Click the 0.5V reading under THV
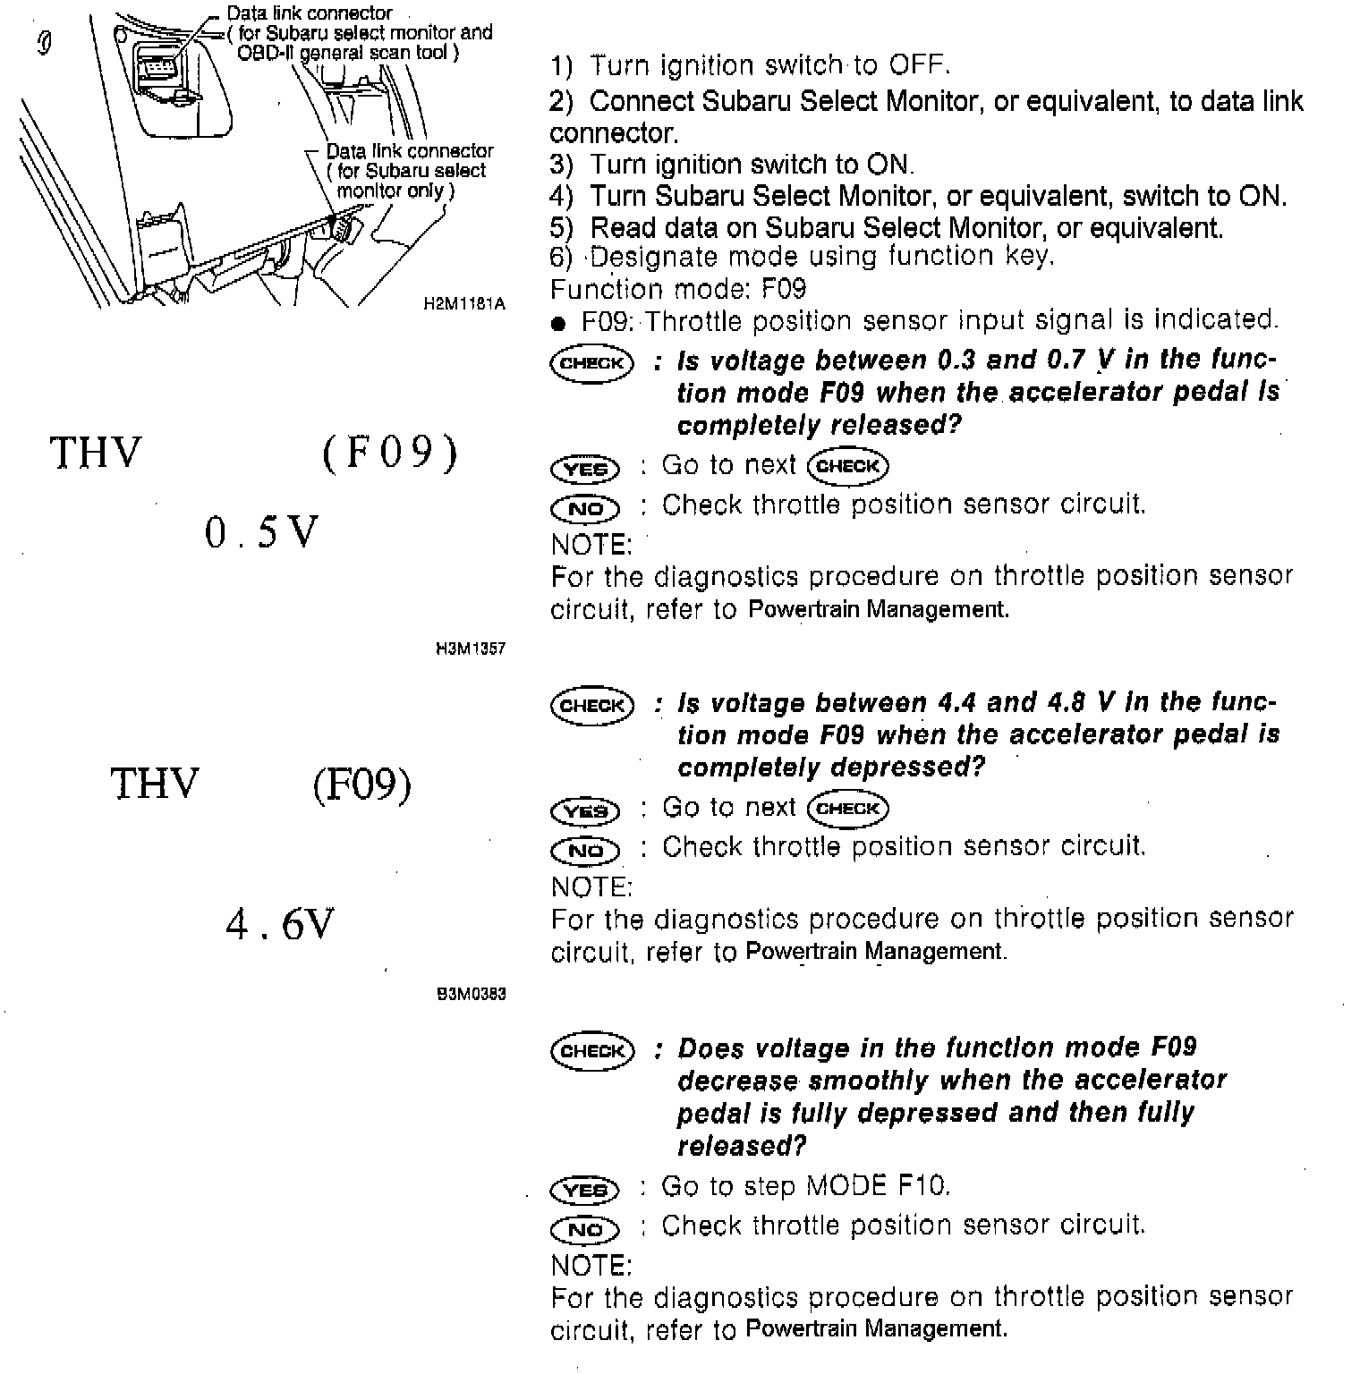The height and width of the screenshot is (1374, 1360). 260,533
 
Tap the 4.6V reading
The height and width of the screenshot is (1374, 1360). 280,924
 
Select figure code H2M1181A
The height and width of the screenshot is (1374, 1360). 464,304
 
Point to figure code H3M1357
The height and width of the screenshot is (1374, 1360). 470,648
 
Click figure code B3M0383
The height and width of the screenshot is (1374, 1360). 471,994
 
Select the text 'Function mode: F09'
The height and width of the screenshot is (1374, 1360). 677,289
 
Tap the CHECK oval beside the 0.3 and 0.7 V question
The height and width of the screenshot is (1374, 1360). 591,363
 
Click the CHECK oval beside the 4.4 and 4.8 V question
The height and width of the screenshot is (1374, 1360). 591,706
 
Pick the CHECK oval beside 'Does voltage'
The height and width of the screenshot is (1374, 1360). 591,1050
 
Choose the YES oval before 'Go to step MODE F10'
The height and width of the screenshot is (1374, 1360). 585,1190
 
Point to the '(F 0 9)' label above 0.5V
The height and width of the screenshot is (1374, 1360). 389,453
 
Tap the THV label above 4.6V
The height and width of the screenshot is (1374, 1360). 154,784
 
